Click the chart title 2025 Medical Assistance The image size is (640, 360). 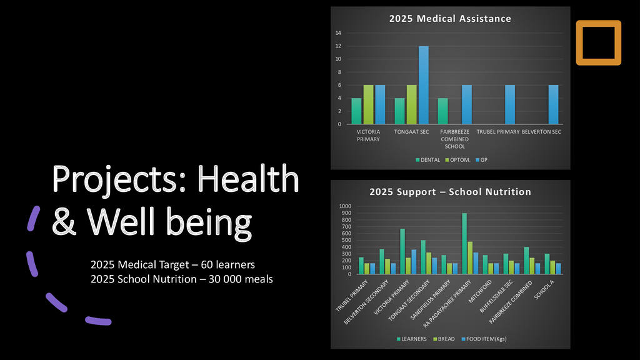tap(450, 19)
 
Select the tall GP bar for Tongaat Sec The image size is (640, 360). tap(424, 85)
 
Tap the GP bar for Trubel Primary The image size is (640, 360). tap(510, 104)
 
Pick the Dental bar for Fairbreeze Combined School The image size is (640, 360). tap(442, 111)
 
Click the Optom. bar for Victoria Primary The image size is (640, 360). tap(368, 104)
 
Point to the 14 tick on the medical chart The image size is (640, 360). tap(337, 33)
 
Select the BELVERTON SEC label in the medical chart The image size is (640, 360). tap(541, 132)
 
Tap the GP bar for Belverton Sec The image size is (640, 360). tap(553, 104)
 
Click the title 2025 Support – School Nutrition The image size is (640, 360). tap(450, 192)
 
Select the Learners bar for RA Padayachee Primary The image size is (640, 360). tap(464, 244)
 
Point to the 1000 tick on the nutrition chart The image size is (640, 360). tap(346, 206)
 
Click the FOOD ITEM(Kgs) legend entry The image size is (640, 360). tap(485, 339)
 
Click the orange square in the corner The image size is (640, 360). tap(598, 42)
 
